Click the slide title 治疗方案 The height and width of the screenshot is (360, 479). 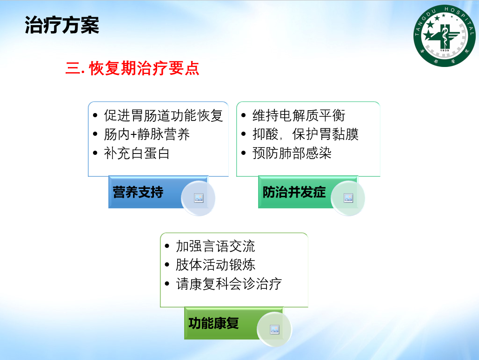(62, 25)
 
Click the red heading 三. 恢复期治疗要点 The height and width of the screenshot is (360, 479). (132, 68)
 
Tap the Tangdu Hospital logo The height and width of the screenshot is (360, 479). (444, 36)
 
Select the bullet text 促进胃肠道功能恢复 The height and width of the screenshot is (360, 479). (163, 115)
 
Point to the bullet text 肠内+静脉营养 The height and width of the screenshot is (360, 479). (147, 134)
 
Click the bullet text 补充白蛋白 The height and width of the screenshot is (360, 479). (137, 153)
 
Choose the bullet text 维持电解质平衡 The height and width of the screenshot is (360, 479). (299, 115)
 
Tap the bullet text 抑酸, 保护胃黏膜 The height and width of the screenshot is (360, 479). (306, 134)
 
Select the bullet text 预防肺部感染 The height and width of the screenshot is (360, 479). (292, 153)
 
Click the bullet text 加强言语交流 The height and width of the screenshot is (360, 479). (215, 247)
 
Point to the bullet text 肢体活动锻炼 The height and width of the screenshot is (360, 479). (215, 265)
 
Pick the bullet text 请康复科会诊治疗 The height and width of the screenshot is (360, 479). (229, 284)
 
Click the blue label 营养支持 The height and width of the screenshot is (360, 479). (138, 192)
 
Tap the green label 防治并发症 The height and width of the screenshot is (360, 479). (294, 192)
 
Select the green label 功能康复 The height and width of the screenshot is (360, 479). (213, 323)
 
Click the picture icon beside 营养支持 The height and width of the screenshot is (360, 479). (199, 198)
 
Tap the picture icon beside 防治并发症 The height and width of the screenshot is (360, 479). (348, 198)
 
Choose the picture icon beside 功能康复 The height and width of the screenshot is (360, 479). (275, 329)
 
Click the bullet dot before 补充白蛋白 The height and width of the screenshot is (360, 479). (95, 153)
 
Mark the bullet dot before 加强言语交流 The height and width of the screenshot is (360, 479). (167, 246)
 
